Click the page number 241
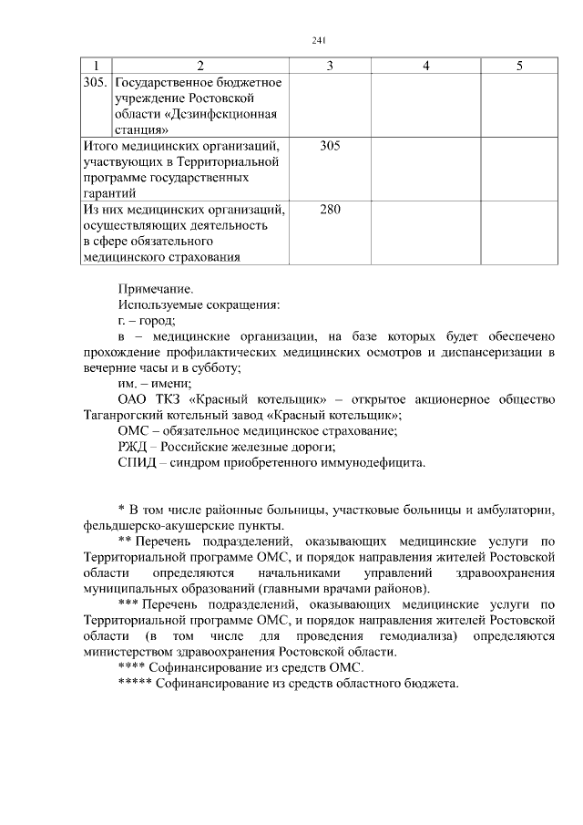point(318,40)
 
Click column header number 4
point(425,66)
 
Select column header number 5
point(518,66)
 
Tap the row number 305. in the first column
point(96,82)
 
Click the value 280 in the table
point(330,210)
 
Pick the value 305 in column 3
point(330,145)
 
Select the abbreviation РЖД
point(134,447)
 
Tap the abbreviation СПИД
point(138,462)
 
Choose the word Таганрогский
point(124,416)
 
